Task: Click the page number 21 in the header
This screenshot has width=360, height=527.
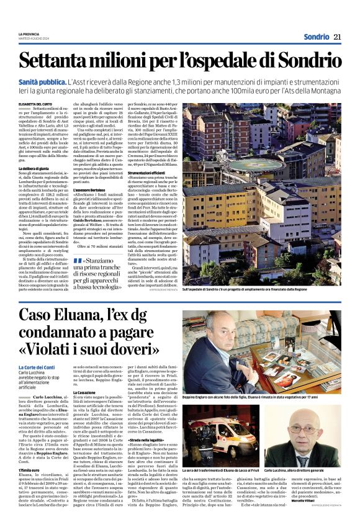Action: tap(337, 37)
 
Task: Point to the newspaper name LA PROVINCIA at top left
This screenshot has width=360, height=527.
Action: tap(29, 34)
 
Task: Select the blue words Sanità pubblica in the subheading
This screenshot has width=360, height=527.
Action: tap(43, 82)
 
